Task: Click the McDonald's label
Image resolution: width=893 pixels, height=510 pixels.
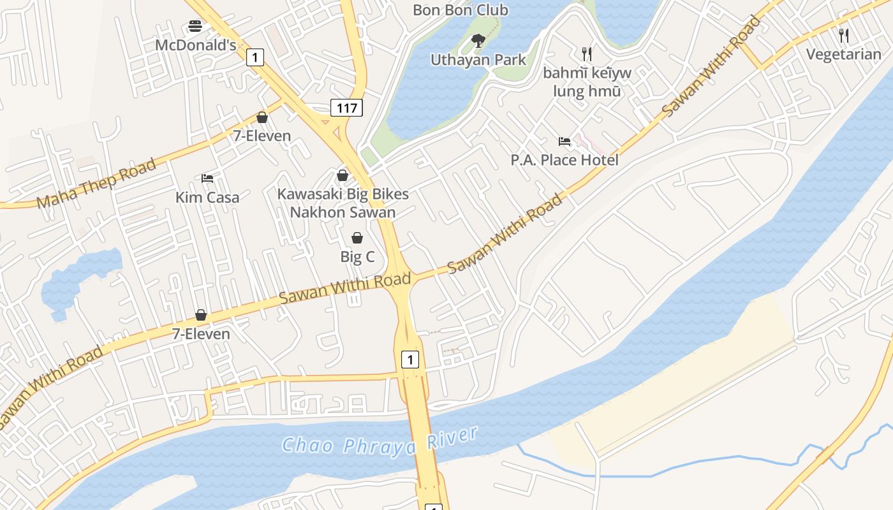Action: coord(196,45)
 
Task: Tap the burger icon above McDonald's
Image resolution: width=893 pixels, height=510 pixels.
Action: coord(195,26)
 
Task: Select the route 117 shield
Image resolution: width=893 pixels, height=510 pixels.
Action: coord(346,108)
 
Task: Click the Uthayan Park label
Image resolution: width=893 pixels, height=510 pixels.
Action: coord(478,60)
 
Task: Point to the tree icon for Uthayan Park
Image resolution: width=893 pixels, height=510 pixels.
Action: coord(478,41)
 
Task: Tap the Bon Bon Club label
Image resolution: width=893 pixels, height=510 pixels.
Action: coord(461,10)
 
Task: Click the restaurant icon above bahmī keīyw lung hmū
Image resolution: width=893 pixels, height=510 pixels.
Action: coord(587,54)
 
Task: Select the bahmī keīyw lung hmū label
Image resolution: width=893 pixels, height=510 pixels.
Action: coord(587,82)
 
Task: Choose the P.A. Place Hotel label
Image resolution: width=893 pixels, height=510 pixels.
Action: coord(565,159)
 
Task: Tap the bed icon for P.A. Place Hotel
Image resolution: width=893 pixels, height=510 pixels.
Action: coord(565,141)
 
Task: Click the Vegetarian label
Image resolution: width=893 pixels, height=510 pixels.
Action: coord(844,54)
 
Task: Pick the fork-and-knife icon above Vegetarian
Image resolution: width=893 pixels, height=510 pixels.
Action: coord(844,35)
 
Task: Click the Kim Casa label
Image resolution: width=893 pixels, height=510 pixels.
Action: coord(207,197)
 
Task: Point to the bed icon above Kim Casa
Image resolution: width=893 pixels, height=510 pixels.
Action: coord(207,178)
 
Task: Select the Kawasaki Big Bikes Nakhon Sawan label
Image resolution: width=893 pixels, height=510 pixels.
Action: coord(343,203)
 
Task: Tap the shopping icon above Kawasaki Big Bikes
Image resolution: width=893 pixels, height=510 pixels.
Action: coord(343,175)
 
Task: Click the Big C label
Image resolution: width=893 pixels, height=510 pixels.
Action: coord(357,257)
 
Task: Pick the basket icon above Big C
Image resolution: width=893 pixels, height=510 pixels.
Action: coord(357,238)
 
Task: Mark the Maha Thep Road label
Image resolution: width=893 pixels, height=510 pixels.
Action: coord(96,184)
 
